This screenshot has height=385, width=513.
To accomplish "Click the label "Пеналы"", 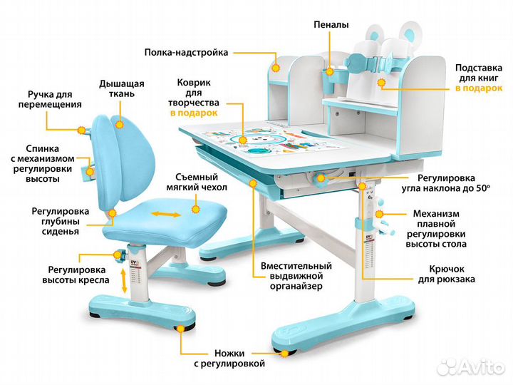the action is (331, 25).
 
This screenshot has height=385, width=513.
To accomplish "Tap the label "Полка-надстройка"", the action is (186, 52).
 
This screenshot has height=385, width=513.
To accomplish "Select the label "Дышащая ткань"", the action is (122, 88).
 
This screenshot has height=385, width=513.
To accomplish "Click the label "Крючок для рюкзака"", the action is (447, 274).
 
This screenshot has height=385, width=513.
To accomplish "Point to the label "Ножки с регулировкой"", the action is (229, 359).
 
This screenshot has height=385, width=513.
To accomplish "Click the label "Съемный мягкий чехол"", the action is (197, 183).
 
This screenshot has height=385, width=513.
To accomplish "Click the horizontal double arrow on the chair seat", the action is (166, 215).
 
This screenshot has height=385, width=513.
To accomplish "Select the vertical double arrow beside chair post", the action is (124, 281).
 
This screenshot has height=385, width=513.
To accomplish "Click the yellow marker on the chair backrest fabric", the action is (120, 124).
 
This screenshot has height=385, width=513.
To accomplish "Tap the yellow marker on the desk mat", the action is (243, 140).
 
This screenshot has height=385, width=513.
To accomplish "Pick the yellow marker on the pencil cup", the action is (330, 71).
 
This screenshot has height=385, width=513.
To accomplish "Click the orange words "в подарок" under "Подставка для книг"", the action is (479, 88).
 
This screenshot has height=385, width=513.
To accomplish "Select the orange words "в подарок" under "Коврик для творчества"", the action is (194, 113).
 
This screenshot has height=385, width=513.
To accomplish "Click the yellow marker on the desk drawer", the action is (252, 183).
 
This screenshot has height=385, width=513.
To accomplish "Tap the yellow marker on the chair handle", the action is (81, 130).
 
